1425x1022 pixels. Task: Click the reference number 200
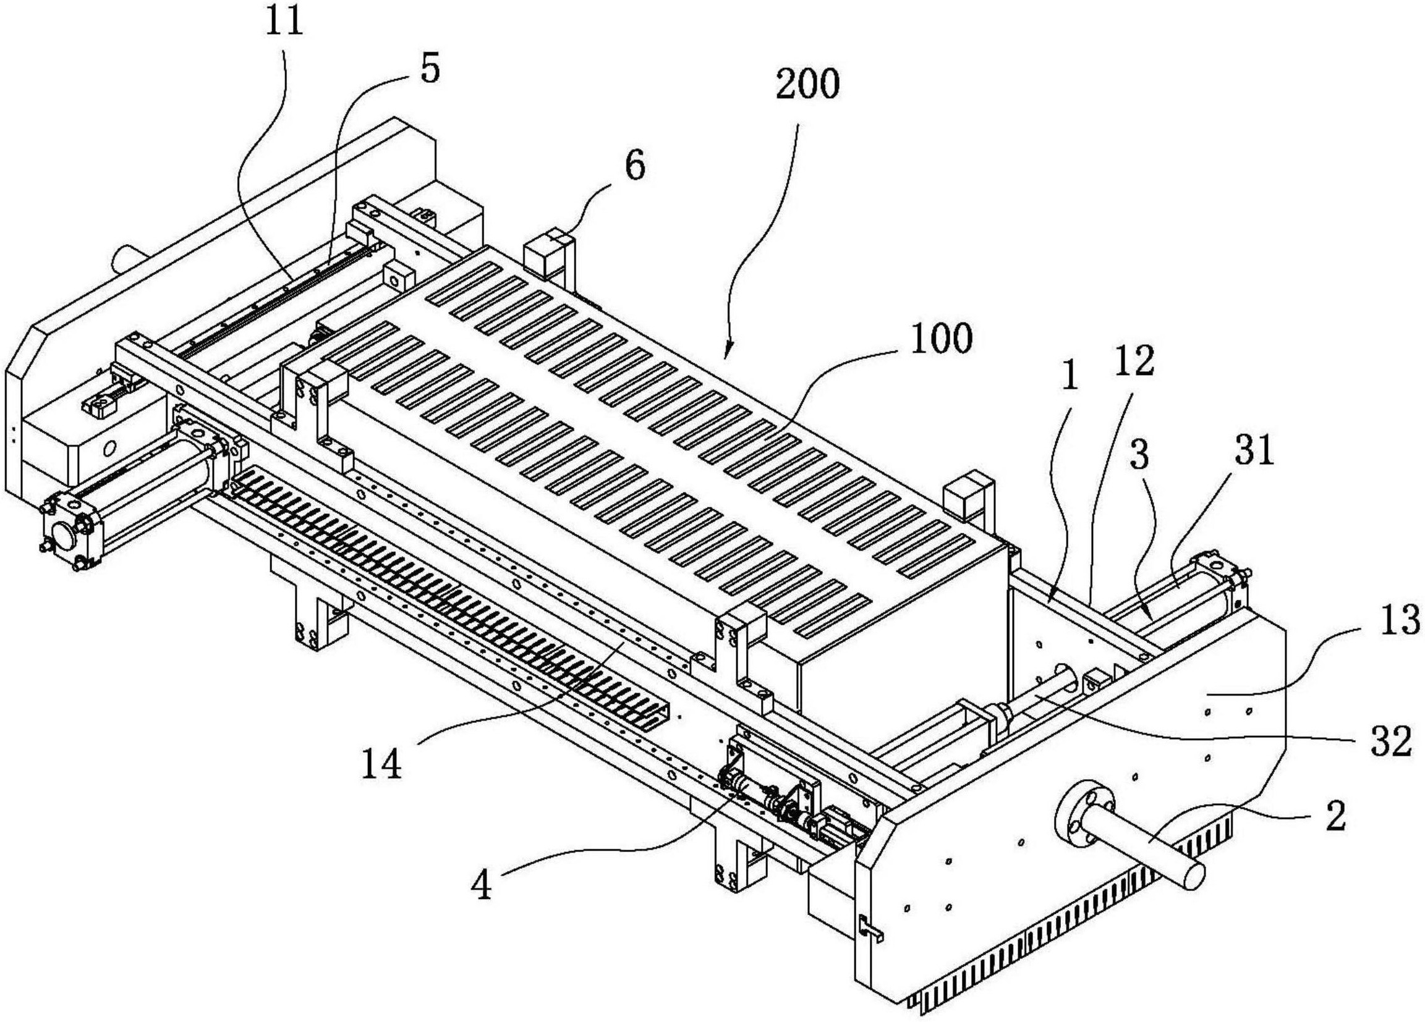pyautogui.click(x=807, y=86)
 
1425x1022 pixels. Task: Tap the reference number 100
pyautogui.click(x=941, y=340)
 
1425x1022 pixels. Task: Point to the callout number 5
pyautogui.click(x=430, y=70)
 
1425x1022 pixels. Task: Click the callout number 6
pyautogui.click(x=635, y=167)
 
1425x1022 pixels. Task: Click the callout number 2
pyautogui.click(x=1335, y=818)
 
